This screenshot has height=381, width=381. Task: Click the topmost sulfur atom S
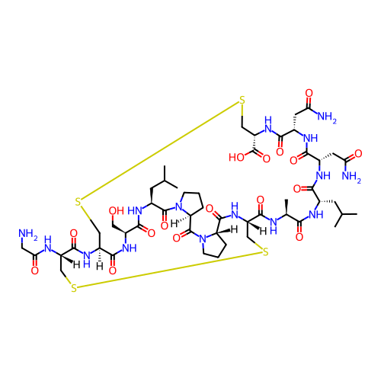(242, 100)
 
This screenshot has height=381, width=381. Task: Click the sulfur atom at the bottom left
(74, 288)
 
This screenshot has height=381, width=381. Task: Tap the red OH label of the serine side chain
(117, 211)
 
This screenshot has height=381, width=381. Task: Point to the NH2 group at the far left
(28, 234)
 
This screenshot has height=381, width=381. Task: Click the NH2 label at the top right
(327, 117)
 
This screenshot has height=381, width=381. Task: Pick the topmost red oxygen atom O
(309, 93)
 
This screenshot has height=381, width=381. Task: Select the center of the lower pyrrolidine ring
(214, 245)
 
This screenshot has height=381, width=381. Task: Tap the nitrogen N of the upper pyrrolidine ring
(179, 207)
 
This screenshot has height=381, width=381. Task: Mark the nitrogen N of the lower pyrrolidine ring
(203, 239)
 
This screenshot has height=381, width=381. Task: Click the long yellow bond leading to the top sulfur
(160, 150)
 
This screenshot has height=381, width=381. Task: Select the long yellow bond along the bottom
(169, 270)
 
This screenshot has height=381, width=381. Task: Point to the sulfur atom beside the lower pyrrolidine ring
(265, 252)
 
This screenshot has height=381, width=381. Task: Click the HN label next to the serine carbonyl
(135, 210)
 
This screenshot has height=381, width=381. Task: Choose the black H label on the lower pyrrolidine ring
(234, 230)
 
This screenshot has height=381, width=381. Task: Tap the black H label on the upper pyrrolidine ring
(174, 223)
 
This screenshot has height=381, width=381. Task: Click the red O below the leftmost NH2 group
(35, 271)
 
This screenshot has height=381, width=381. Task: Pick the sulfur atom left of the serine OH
(78, 202)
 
